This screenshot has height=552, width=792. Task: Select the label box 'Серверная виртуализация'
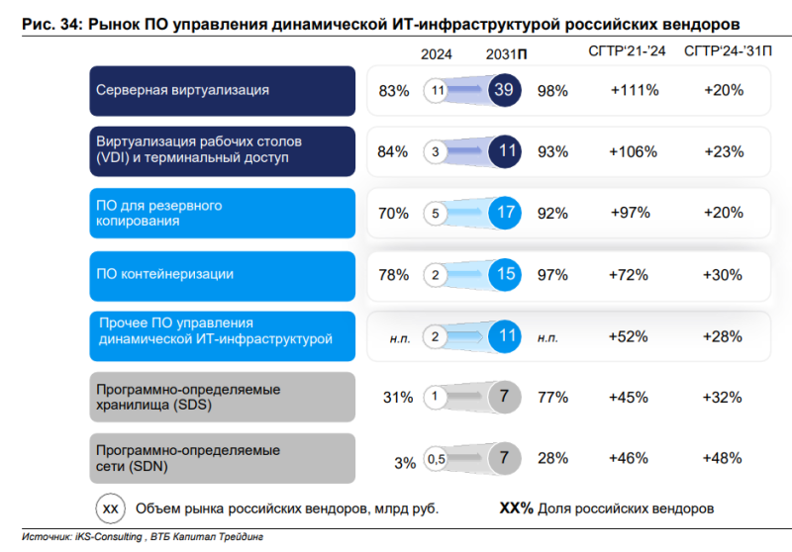(222, 91)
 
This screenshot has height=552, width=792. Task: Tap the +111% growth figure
(629, 91)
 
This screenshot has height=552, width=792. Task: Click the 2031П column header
(506, 55)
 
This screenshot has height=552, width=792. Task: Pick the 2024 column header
(437, 55)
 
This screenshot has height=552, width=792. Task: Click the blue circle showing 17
(505, 213)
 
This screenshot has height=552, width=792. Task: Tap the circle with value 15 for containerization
(505, 275)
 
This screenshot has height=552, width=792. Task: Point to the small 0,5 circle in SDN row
(436, 459)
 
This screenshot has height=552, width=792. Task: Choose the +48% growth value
(723, 459)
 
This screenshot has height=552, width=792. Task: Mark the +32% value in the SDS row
(723, 398)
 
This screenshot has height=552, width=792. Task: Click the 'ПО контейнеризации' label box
(222, 275)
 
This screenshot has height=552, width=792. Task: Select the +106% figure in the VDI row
(629, 152)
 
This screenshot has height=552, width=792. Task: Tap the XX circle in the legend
(111, 508)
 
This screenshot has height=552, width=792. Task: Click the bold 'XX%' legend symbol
(516, 508)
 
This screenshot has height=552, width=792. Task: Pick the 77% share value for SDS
(552, 398)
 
